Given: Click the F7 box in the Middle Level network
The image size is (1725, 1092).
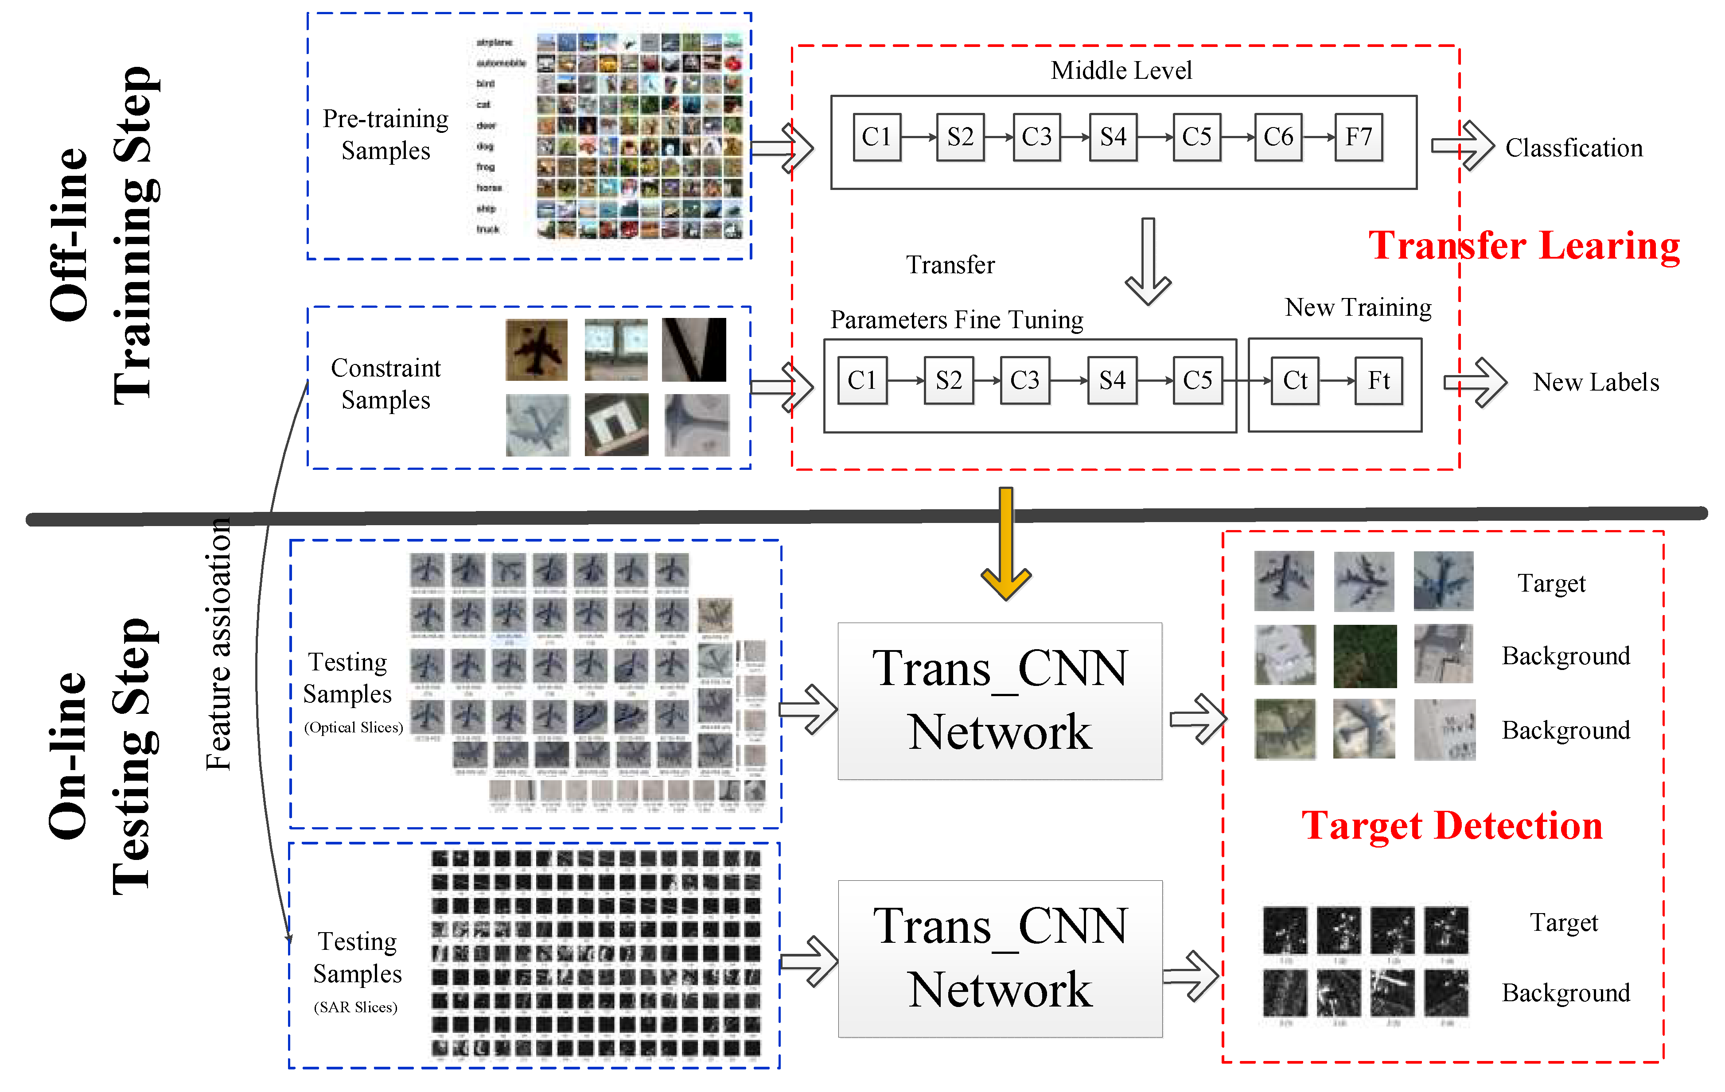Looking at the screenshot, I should pos(1358,137).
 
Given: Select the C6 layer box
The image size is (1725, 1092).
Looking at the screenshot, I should pos(1277,137).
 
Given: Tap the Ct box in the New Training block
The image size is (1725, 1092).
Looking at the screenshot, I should pos(1294,380).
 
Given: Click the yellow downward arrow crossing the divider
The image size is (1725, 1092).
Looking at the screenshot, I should pos(1006,544).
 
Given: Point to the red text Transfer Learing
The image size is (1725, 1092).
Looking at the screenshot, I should pos(1524,246).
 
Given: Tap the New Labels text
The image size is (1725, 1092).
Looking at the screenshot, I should pos(1595,383).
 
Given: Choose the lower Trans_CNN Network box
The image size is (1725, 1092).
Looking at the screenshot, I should pos(999,958).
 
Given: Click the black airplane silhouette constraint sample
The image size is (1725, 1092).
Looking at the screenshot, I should pos(536,349).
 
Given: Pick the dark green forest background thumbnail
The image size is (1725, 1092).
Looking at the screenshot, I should pos(1364,656).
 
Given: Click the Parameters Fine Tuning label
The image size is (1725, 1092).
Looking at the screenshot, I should pos(956,319).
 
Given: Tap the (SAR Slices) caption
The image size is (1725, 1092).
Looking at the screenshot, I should pos(355,1007).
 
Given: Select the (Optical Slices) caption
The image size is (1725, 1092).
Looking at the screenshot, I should pos(353,728).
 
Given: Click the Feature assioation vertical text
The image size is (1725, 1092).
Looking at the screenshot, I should pos(218,644).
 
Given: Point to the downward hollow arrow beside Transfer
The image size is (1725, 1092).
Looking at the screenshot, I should pos(1148,261).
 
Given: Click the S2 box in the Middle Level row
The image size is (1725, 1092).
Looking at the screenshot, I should pos(960,137).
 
